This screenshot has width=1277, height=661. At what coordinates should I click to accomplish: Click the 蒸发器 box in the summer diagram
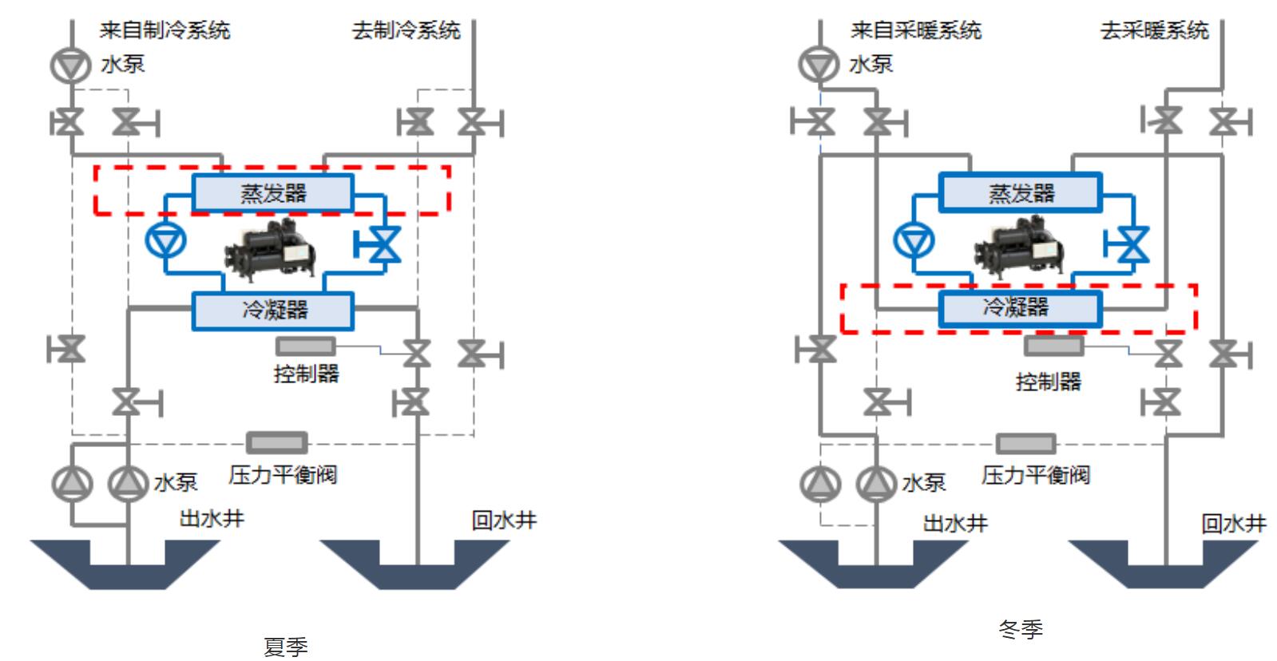(273, 193)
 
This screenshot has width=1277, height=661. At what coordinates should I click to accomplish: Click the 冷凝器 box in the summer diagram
(273, 311)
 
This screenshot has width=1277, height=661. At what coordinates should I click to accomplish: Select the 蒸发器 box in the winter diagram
(1021, 193)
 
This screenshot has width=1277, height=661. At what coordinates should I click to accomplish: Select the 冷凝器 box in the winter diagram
(1021, 308)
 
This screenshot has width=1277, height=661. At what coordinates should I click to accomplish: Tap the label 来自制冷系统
(165, 30)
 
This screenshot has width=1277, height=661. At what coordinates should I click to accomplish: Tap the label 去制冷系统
(406, 30)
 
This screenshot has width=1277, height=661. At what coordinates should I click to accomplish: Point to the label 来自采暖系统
(915, 30)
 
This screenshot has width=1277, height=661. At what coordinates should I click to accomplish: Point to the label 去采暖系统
(1154, 30)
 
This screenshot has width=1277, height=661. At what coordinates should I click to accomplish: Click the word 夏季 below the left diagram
(285, 646)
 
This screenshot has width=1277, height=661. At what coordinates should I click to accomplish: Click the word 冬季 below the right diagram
(1021, 629)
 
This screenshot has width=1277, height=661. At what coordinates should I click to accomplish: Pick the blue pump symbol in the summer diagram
(166, 239)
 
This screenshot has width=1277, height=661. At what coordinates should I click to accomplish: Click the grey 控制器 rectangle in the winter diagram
(1054, 346)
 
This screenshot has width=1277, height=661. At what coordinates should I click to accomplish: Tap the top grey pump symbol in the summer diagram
(71, 65)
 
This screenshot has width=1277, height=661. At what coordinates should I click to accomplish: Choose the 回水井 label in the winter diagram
(1233, 524)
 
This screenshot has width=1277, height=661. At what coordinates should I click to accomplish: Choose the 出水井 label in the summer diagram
(211, 519)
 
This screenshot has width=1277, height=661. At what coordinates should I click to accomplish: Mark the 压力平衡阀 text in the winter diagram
(1035, 476)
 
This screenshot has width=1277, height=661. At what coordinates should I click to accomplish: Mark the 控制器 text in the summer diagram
(306, 373)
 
